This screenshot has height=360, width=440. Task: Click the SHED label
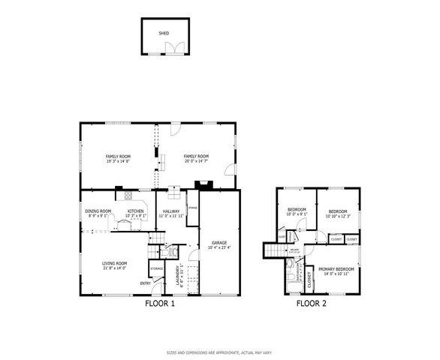click(164, 33)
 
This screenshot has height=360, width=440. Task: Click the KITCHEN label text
click(135, 211)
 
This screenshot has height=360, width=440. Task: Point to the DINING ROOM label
click(98, 211)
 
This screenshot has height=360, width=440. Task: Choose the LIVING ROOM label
click(114, 263)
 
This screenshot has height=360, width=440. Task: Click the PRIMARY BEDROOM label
click(336, 268)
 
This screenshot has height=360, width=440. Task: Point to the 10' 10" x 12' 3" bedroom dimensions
click(339, 215)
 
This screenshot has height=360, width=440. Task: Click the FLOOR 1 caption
click(159, 304)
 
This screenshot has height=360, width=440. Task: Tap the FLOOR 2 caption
click(311, 304)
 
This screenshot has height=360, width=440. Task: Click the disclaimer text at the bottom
click(219, 352)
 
